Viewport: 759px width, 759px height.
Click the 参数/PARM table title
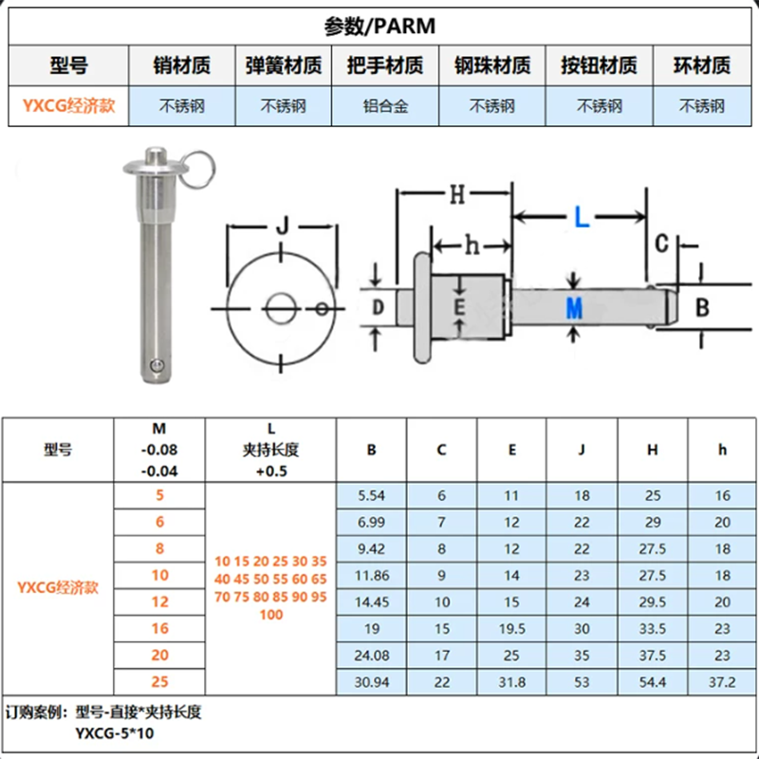(x=379, y=27)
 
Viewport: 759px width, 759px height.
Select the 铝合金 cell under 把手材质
(x=385, y=106)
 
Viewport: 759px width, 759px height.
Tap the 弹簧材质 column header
(x=284, y=65)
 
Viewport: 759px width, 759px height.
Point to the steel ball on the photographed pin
(x=156, y=365)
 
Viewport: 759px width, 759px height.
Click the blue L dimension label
(x=582, y=217)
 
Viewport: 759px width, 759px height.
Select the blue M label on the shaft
(x=574, y=307)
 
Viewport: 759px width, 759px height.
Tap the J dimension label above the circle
(x=283, y=226)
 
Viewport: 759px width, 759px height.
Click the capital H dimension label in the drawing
(x=457, y=194)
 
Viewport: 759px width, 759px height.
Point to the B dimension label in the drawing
(x=702, y=306)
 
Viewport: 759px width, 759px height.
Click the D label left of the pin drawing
(x=378, y=306)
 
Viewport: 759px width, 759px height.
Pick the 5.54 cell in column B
(x=371, y=495)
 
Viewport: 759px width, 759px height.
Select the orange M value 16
(x=159, y=628)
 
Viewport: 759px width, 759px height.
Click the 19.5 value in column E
(x=512, y=629)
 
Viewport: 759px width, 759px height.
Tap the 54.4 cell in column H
(x=653, y=682)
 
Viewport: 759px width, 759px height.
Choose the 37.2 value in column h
(x=722, y=682)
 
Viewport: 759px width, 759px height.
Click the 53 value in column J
(x=582, y=682)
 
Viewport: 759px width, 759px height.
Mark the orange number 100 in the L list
(x=271, y=615)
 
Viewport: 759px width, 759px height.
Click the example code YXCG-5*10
(x=115, y=733)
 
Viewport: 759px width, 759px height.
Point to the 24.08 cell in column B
(x=371, y=656)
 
